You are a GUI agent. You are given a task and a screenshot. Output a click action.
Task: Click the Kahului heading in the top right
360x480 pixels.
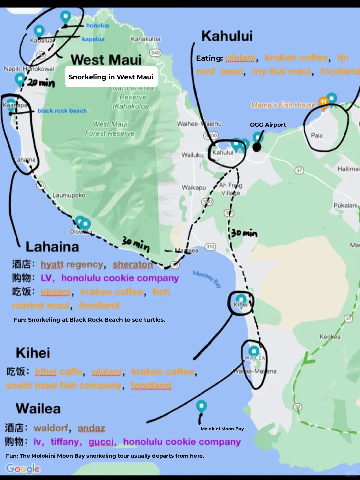pyautogui.click(x=227, y=36)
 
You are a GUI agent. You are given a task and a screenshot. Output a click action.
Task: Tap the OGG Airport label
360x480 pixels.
pyautogui.click(x=268, y=125)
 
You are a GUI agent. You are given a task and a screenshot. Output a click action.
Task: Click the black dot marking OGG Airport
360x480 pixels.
pyautogui.click(x=256, y=147)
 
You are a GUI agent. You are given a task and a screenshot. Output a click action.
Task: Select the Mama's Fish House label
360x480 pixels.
pyautogui.click(x=283, y=105)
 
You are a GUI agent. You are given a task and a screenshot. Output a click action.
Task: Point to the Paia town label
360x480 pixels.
pyautogui.click(x=317, y=135)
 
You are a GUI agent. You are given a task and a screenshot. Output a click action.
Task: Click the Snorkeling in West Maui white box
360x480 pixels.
pyautogui.click(x=111, y=77)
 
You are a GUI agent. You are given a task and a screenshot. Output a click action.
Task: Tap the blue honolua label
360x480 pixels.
pyautogui.click(x=97, y=26)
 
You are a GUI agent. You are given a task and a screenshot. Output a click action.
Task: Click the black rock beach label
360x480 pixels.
pyautogui.click(x=62, y=111)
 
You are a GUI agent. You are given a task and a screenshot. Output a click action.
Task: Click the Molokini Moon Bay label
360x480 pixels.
pyautogui.click(x=222, y=429)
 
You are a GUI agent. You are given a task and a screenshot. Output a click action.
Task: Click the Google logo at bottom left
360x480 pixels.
pyautogui.click(x=23, y=468)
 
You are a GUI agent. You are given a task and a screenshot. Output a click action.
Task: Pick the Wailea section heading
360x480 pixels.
pyautogui.click(x=38, y=409)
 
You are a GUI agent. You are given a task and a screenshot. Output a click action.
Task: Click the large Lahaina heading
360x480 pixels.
pyautogui.click(x=52, y=247)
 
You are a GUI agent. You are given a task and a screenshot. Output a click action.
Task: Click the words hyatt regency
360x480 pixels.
pyautogui.click(x=72, y=264)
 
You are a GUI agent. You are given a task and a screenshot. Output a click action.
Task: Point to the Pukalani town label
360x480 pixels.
pyautogui.click(x=345, y=205)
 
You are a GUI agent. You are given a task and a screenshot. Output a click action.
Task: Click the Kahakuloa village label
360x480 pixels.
pyautogui.click(x=145, y=39)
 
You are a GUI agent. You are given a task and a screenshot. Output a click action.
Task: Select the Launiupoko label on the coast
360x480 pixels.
pyautogui.click(x=69, y=195)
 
